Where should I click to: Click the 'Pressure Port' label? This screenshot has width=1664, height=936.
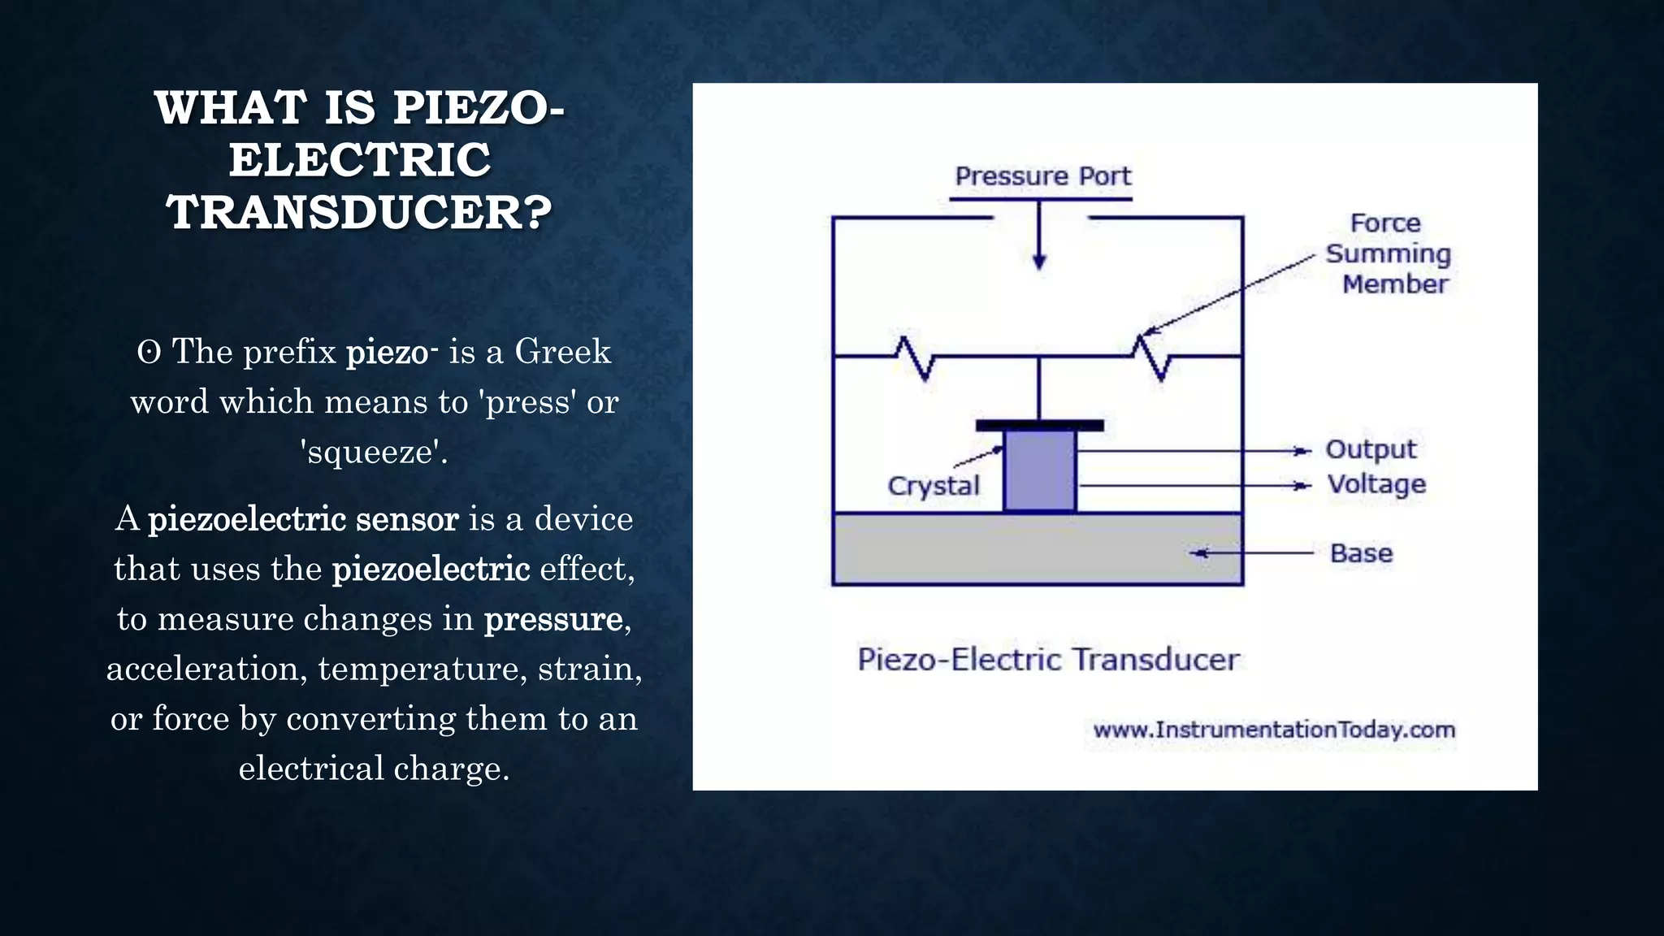[x=1042, y=176]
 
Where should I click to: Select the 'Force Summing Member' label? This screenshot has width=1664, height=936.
[x=1388, y=253]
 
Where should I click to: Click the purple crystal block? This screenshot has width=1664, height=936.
[x=1040, y=470]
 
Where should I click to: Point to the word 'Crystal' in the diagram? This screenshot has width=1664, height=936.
[x=934, y=486]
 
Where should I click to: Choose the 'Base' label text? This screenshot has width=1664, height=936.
[x=1361, y=553]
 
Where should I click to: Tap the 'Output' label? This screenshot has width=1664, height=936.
[x=1371, y=449]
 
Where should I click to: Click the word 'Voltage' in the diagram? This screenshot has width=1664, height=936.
[x=1376, y=484]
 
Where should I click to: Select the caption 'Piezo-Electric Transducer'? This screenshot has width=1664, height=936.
[x=1048, y=659]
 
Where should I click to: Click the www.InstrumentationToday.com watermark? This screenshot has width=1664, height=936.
[x=1274, y=730]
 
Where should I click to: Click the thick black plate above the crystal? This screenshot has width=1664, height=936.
[x=1039, y=425]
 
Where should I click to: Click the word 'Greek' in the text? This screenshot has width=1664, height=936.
[x=562, y=352]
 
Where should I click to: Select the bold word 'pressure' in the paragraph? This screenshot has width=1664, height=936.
[x=553, y=619]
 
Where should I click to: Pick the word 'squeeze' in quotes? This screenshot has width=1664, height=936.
[x=373, y=452]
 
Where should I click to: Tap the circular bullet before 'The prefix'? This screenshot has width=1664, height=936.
[x=149, y=353]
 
